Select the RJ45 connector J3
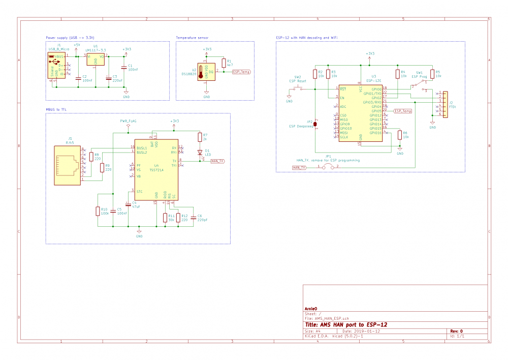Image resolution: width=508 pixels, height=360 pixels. coord(67,165)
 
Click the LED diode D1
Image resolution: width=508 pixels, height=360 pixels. coord(199,152)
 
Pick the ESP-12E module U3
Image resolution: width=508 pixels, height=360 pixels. coord(360,112)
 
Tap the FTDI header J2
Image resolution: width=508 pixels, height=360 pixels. coord(445,104)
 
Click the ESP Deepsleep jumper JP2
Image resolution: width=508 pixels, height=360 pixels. coord(315,124)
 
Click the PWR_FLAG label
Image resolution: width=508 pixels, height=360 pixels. coord(128,121)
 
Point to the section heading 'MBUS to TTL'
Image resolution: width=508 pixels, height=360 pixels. coord(56,110)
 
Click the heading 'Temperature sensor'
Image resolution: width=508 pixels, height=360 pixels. coord(192,38)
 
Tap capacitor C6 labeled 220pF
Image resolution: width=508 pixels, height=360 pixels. coord(192,218)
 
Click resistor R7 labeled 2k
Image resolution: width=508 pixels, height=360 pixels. coord(199,137)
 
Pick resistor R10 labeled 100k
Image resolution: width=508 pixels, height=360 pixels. coord(98,212)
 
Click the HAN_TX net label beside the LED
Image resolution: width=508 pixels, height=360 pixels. coord(217,161)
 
